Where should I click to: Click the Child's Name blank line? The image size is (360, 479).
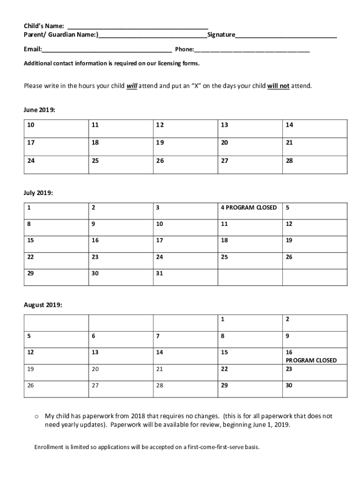[138, 27]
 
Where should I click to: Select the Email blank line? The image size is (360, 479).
[107, 51]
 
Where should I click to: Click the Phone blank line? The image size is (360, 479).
[252, 51]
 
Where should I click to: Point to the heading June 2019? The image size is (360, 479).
[40, 109]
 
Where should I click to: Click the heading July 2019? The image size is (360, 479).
[38, 192]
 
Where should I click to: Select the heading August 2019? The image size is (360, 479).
[43, 305]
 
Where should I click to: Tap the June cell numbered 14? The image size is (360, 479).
[315, 128]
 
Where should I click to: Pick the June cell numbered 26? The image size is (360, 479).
[186, 165]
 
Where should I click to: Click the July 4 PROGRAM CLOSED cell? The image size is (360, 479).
[250, 211]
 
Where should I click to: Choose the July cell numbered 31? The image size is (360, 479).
[186, 276]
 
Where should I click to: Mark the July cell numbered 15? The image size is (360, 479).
[56, 244]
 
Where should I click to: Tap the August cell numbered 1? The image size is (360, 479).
[250, 323]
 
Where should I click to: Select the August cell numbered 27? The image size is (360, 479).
[121, 389]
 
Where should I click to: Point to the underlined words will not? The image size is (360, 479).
[278, 86]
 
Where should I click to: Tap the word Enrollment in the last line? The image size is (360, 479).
[49, 447]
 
